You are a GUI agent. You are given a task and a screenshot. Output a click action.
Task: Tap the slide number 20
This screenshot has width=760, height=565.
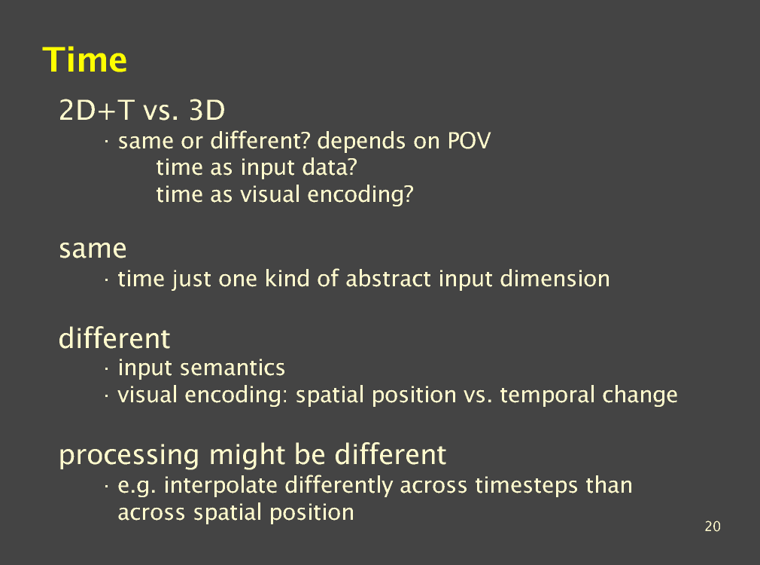point(713,526)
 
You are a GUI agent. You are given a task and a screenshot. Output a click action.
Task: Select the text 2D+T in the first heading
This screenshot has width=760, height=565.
point(96,110)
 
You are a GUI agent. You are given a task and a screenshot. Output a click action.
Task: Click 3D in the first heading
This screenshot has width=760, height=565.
point(207,110)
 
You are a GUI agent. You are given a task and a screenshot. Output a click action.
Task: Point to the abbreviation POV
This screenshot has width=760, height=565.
point(469,141)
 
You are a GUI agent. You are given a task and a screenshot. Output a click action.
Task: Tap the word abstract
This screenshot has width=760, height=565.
point(388,279)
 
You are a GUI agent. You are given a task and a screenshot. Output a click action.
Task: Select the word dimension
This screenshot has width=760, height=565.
point(555,279)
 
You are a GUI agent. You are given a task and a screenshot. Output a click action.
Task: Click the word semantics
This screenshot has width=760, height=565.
point(233,368)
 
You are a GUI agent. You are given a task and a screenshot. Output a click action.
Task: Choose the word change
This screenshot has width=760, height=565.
point(640,395)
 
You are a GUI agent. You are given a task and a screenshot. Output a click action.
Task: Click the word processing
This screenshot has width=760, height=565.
point(129,456)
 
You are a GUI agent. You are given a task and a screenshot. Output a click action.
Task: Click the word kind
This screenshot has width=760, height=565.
point(287,279)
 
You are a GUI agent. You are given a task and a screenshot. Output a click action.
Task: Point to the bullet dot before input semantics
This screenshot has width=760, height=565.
point(106,369)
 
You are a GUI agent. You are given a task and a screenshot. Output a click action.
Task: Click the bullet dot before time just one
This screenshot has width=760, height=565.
point(106,279)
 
